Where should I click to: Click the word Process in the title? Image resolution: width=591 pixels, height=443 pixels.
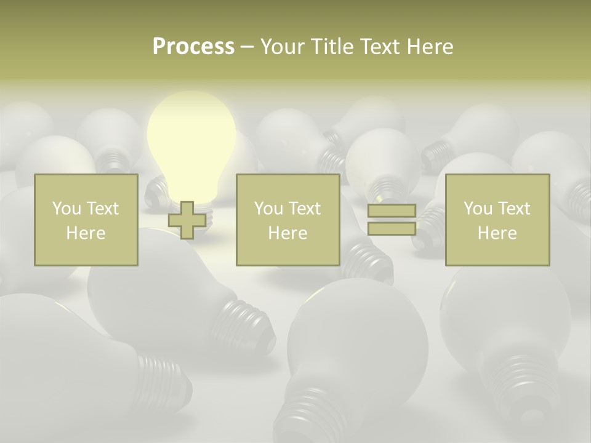tap(193, 47)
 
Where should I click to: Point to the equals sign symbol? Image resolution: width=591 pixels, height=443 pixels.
tap(392, 220)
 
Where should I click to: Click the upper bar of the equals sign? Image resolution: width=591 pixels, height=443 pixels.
tap(392, 211)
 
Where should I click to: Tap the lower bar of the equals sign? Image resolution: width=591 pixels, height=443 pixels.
tap(392, 228)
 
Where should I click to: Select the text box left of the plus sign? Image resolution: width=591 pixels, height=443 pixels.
tap(86, 220)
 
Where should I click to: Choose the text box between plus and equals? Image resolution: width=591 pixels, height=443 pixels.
tap(287, 220)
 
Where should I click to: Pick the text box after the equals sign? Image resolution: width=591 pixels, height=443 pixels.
tap(497, 220)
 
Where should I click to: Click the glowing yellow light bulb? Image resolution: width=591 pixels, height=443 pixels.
tap(191, 145)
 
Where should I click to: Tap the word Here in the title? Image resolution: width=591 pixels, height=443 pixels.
tap(430, 47)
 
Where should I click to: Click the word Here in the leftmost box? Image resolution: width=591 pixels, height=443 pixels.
tap(86, 233)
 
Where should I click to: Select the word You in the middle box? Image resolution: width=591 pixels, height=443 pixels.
tap(268, 209)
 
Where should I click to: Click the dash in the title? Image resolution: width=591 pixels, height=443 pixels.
tap(247, 47)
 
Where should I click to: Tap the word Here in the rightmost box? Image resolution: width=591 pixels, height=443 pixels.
tap(497, 233)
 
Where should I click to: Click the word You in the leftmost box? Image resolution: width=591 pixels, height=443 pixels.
tap(66, 209)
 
